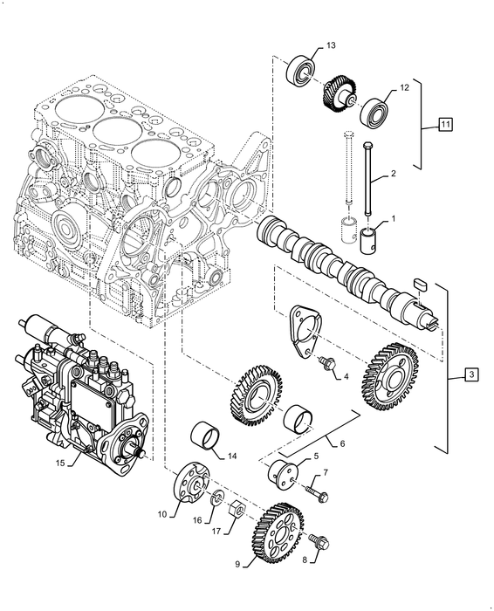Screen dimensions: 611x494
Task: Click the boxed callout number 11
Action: [x=445, y=126]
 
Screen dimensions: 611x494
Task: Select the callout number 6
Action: [x=342, y=443]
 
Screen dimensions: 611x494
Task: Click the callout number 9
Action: [x=238, y=565]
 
